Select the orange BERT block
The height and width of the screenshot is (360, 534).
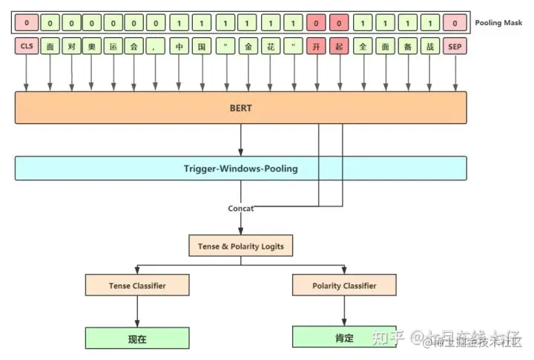[x=241, y=108]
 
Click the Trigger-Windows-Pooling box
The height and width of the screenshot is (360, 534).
[x=241, y=168]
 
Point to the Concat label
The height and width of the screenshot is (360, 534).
[x=240, y=209]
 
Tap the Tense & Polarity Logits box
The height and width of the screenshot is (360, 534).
[x=240, y=246]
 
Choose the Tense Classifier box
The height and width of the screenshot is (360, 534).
[x=137, y=285]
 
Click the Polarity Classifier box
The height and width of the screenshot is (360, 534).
[x=344, y=285]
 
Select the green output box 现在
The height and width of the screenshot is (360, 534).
[x=137, y=339]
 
